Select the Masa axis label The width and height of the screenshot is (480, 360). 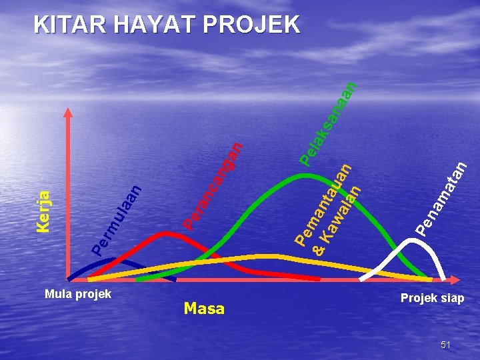(204, 309)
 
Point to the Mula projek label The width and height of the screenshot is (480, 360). (77, 294)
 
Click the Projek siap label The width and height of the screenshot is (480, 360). (432, 298)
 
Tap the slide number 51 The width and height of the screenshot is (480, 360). (445, 345)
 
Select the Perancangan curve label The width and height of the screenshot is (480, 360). (212, 184)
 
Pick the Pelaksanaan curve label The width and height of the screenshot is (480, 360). (328, 123)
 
